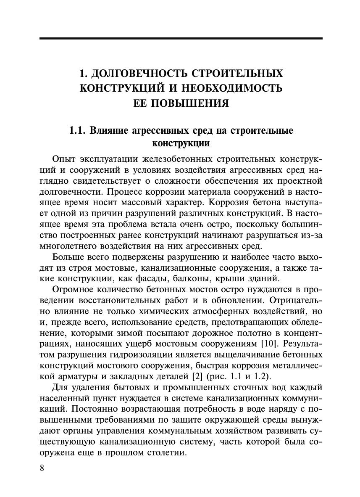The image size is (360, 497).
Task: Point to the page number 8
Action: (x=42, y=468)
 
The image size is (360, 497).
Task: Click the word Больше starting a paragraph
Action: (x=68, y=257)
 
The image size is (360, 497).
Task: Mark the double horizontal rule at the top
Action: (x=181, y=39)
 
